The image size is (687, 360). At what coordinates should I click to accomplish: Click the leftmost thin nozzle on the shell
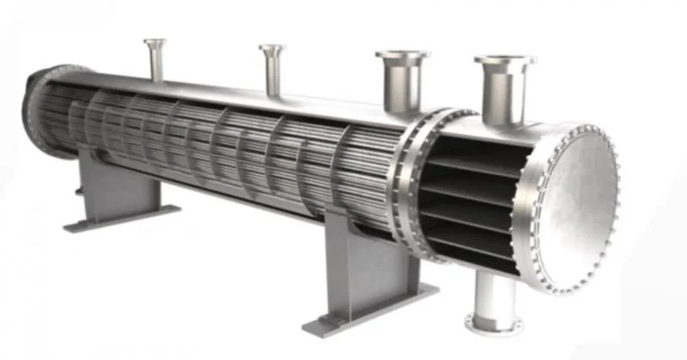click(155, 65)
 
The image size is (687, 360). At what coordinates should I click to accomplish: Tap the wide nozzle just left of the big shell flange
click(401, 87)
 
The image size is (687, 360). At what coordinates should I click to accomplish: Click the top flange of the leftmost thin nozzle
click(155, 42)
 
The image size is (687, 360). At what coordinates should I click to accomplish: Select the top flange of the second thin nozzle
click(271, 48)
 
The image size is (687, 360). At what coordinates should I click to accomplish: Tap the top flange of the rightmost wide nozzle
click(505, 60)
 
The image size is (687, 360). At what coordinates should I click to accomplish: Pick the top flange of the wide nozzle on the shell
click(401, 56)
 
